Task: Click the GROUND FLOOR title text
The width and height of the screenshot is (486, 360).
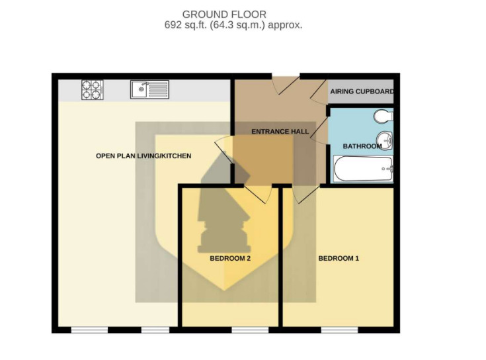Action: pyautogui.click(x=224, y=15)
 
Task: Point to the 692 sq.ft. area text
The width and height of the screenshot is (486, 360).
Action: pyautogui.click(x=233, y=24)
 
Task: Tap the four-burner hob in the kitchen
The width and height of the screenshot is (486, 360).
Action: pyautogui.click(x=93, y=89)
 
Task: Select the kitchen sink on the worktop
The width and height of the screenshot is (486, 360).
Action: pyautogui.click(x=149, y=89)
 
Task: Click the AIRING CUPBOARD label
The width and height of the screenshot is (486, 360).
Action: pyautogui.click(x=362, y=91)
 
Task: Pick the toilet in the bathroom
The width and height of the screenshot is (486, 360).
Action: pyautogui.click(x=384, y=116)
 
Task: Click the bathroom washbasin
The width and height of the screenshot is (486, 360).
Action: pyautogui.click(x=385, y=140)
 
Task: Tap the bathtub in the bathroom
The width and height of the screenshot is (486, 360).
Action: pyautogui.click(x=363, y=169)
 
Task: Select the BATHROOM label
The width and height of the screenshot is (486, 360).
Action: pyautogui.click(x=362, y=146)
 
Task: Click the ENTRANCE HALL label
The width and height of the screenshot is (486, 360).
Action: pyautogui.click(x=280, y=132)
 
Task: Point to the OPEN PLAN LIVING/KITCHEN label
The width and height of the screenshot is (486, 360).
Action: pyautogui.click(x=143, y=156)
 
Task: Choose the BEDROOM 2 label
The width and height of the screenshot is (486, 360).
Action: pyautogui.click(x=230, y=258)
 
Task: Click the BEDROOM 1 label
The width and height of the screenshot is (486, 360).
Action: pyautogui.click(x=339, y=258)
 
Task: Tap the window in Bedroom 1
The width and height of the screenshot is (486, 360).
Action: pyautogui.click(x=339, y=330)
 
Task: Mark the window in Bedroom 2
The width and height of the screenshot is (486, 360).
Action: pyautogui.click(x=250, y=330)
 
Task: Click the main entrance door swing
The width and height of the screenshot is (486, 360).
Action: pyautogui.click(x=285, y=84)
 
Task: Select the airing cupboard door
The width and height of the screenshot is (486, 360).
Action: pyautogui.click(x=319, y=91)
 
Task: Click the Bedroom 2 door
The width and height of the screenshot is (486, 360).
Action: pyautogui.click(x=259, y=194)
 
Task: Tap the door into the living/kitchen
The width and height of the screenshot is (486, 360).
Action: pyautogui.click(x=223, y=150)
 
